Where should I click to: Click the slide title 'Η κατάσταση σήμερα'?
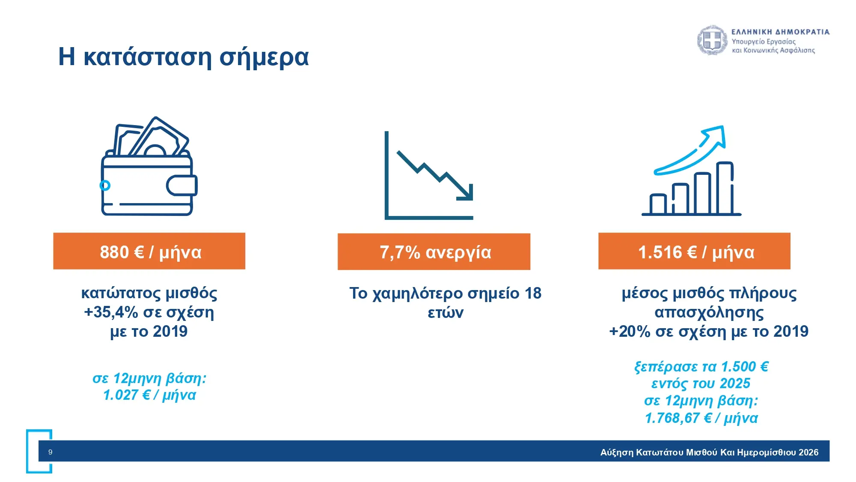coord(183,57)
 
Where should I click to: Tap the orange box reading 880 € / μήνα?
coord(149,251)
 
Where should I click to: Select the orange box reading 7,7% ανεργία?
coord(434,251)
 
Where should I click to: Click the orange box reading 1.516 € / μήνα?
coord(694,251)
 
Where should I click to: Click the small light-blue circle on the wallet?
coord(105,185)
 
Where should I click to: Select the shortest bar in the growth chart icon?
coord(658,204)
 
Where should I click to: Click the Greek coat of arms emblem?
coord(712,40)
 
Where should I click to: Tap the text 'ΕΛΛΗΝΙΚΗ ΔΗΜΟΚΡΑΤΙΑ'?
coord(780,32)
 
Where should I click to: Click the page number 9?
coord(51,452)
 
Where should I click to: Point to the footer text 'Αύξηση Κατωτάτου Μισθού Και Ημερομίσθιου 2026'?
coord(709,452)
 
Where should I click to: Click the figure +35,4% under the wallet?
coord(111,312)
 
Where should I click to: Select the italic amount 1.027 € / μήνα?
coord(149,395)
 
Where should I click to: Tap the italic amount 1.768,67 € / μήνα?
coord(701,418)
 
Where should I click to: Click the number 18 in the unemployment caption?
coord(533,293)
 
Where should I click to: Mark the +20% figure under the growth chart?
coord(630,331)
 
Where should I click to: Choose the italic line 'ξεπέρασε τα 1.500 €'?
coord(701,367)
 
